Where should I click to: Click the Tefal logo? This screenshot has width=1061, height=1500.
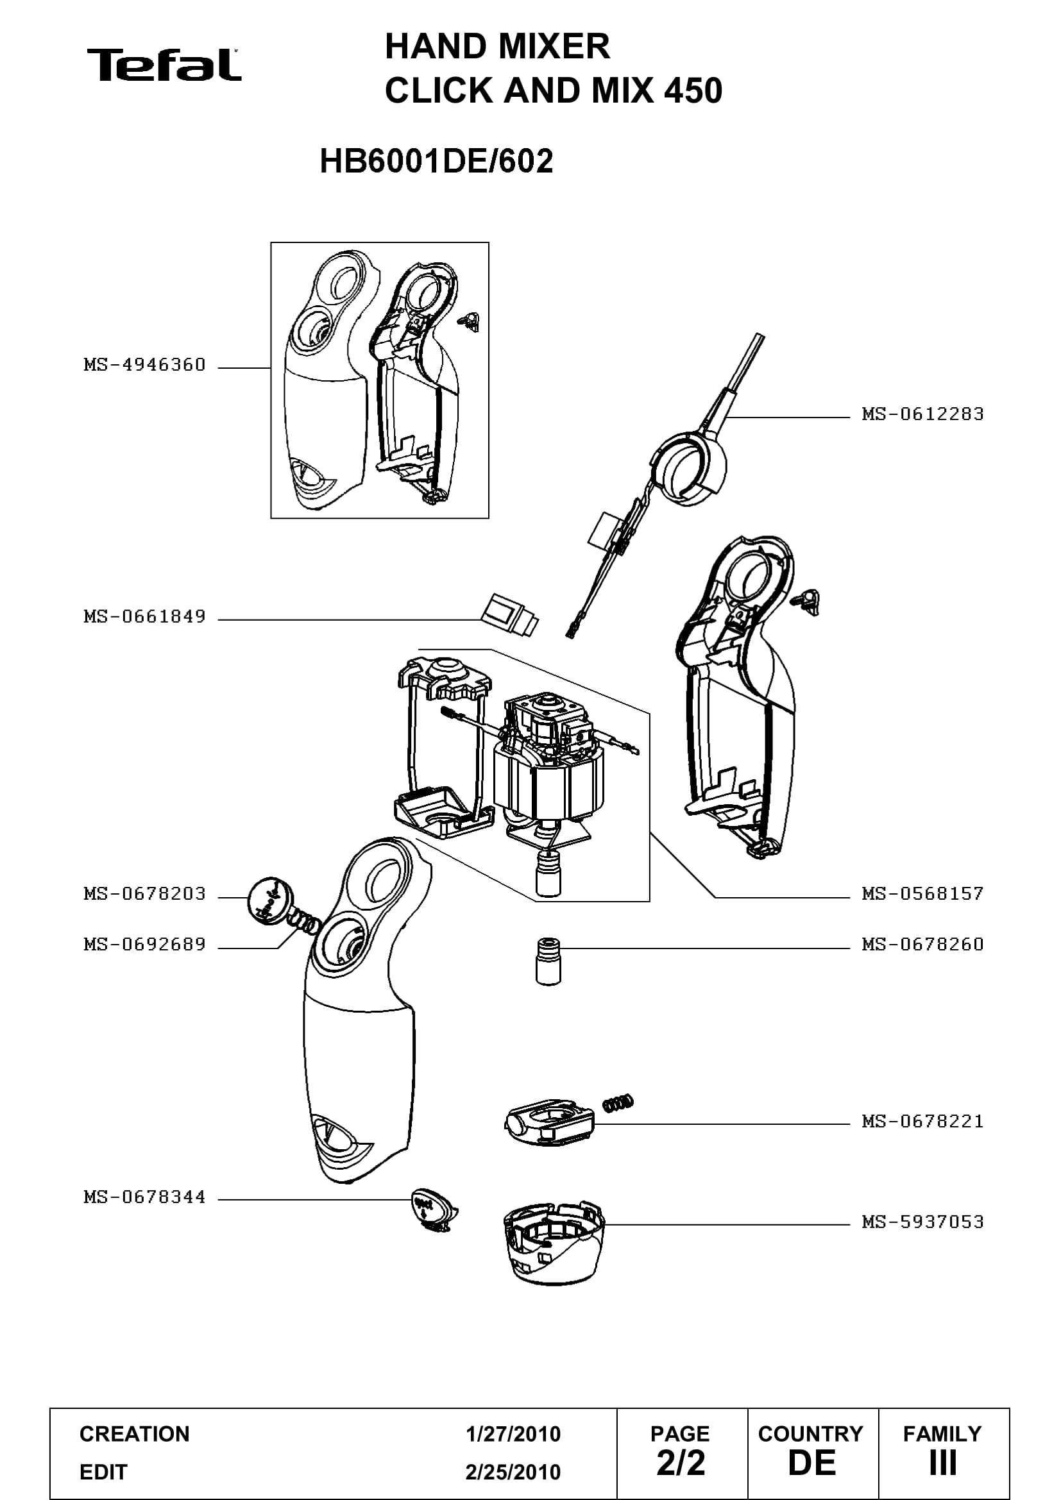pyautogui.click(x=164, y=65)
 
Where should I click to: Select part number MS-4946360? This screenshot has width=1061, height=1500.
pyautogui.click(x=144, y=364)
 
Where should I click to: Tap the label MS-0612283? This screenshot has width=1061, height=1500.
pyautogui.click(x=922, y=414)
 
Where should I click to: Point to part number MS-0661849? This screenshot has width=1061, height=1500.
pyautogui.click(x=144, y=616)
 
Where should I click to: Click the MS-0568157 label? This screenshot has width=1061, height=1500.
pyautogui.click(x=922, y=893)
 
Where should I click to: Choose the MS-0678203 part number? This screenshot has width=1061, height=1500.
pyautogui.click(x=144, y=893)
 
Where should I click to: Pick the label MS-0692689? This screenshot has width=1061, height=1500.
pyautogui.click(x=144, y=944)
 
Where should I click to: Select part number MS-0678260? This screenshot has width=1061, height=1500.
pyautogui.click(x=922, y=944)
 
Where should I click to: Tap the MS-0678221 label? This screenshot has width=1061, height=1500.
pyautogui.click(x=922, y=1121)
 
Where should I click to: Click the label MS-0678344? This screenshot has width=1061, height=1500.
pyautogui.click(x=144, y=1197)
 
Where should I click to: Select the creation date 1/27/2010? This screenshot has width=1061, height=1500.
pyautogui.click(x=513, y=1434)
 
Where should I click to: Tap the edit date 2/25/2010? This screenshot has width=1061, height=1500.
pyautogui.click(x=513, y=1472)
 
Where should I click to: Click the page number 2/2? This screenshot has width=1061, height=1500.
pyautogui.click(x=681, y=1463)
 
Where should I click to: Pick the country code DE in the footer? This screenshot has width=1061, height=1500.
pyautogui.click(x=811, y=1463)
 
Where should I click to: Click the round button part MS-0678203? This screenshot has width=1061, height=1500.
pyautogui.click(x=271, y=900)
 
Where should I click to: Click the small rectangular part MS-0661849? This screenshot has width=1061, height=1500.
pyautogui.click(x=509, y=614)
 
